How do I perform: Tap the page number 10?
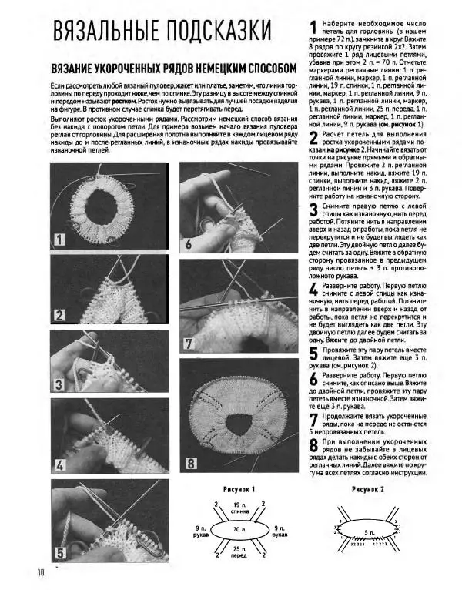[42, 572]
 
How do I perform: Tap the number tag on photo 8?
[190, 464]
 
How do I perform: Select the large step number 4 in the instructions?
[313, 290]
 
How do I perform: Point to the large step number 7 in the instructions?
[313, 420]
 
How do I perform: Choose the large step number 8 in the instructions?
[313, 447]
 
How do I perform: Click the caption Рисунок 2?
[368, 490]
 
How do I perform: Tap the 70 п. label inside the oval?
[234, 531]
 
